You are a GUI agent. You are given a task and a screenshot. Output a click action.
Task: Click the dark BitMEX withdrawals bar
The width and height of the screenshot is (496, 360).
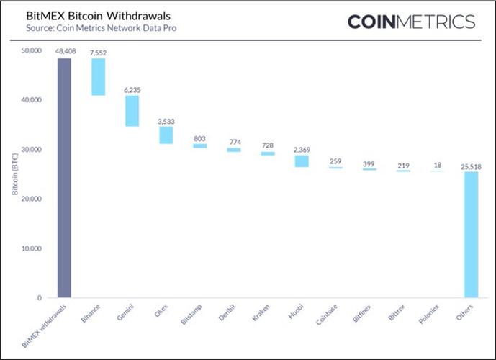(64, 178)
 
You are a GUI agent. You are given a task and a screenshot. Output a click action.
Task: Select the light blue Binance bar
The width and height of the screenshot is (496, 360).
(98, 77)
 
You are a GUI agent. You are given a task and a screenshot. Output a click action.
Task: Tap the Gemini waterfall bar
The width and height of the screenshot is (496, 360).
(132, 111)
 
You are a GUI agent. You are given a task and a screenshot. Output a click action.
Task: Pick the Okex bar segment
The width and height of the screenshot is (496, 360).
(166, 135)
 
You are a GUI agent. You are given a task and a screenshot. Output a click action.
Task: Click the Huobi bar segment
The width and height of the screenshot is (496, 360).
(302, 161)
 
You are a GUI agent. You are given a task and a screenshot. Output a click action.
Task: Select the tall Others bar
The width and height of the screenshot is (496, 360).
(471, 235)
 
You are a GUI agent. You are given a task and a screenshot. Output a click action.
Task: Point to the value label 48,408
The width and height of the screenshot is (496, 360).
(65, 52)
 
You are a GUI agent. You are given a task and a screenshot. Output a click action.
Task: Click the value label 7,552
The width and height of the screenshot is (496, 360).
(98, 52)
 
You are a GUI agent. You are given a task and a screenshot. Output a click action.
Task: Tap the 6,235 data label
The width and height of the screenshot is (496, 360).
(132, 89)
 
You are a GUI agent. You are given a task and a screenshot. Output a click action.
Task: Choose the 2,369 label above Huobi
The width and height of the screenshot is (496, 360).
(302, 149)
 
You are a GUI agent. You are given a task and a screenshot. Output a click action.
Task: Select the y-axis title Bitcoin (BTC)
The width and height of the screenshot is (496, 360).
(14, 174)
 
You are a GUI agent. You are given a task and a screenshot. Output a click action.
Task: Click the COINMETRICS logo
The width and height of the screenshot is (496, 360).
(411, 22)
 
